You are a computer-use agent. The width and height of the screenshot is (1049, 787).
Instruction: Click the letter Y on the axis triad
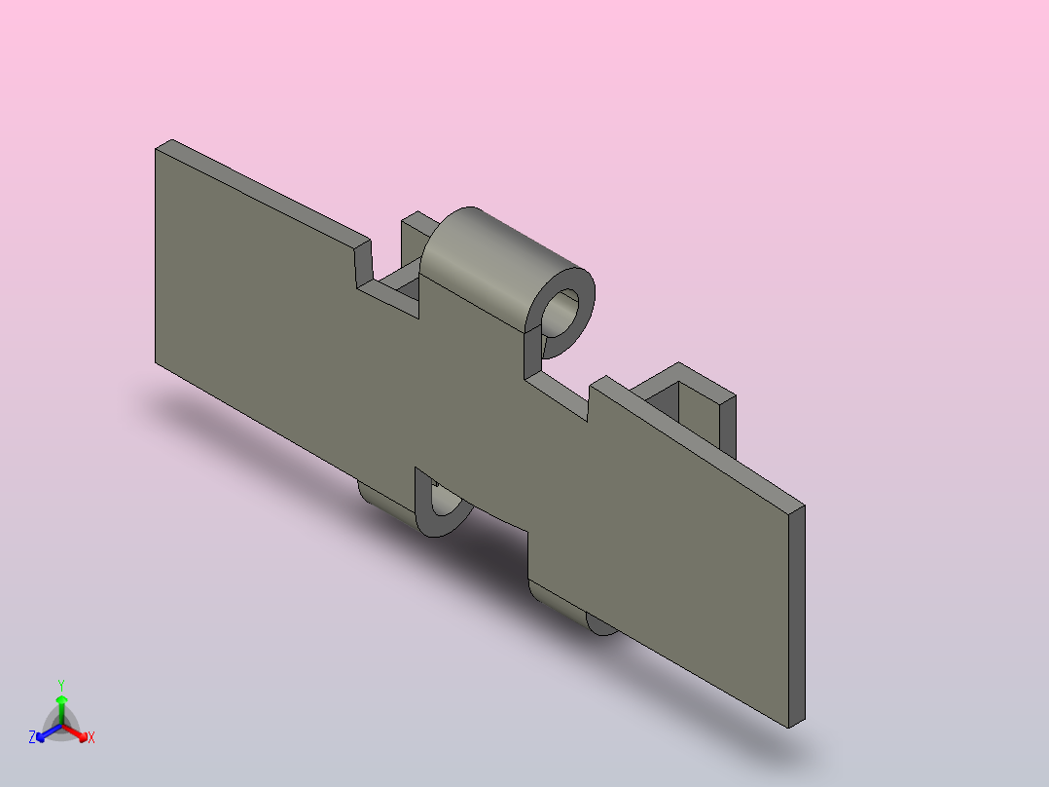(61, 685)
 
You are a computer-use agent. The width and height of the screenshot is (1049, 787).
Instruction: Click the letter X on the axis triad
(91, 737)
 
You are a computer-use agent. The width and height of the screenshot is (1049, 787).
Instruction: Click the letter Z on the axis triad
(32, 737)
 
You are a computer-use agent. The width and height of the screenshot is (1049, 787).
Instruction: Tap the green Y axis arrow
(61, 709)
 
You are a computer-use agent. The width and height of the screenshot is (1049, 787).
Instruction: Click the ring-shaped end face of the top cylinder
(585, 295)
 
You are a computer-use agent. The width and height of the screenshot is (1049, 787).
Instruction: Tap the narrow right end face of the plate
(797, 617)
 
